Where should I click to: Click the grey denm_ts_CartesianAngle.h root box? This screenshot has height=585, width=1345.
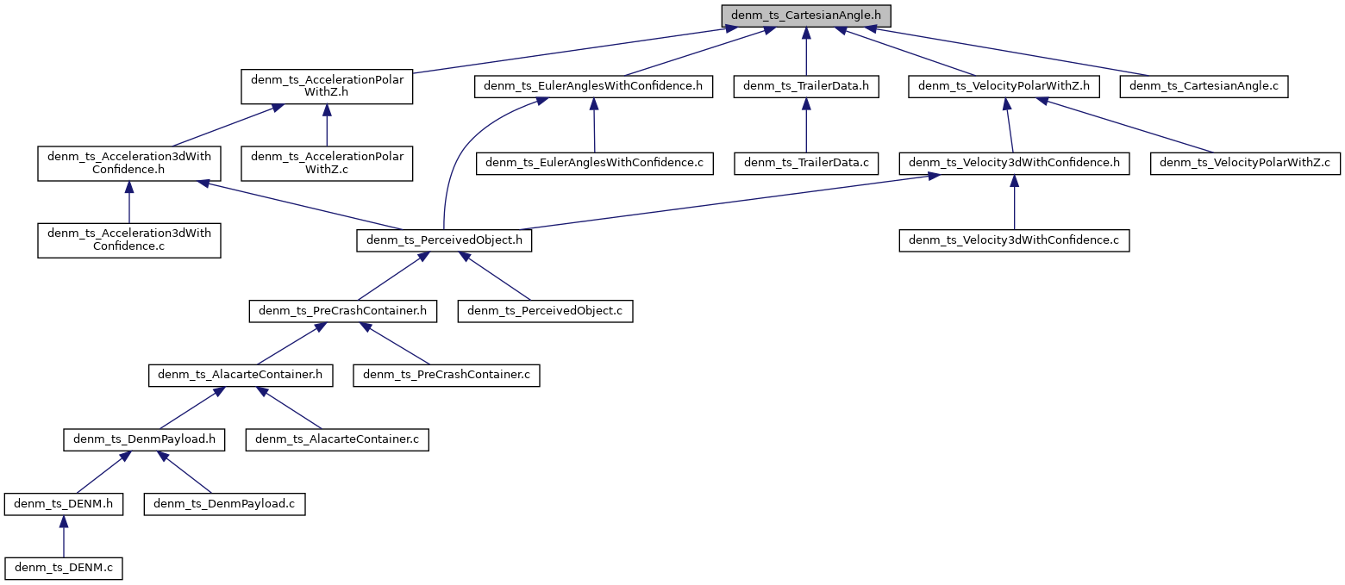point(806,16)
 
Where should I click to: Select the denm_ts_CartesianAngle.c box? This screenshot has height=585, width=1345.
point(1204,86)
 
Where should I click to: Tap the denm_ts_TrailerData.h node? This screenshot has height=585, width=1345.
point(806,86)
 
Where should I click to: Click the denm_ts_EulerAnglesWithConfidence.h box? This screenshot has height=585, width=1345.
point(593,86)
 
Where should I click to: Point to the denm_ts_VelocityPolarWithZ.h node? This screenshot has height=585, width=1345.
point(1004,86)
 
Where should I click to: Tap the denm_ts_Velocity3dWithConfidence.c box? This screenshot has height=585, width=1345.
point(1014,240)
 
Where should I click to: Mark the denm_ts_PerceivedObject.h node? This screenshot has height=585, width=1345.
point(444,240)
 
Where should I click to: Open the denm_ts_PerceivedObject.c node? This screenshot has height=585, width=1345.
point(545,311)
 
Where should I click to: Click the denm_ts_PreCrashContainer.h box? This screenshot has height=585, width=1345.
point(342,311)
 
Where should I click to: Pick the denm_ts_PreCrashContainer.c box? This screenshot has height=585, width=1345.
point(447,376)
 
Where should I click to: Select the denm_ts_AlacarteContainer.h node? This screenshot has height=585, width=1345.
point(241,376)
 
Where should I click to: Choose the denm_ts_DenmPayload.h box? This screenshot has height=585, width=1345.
point(144,439)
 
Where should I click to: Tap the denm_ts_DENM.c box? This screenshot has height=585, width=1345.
point(63,568)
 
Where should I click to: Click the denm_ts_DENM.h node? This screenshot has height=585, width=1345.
point(63,504)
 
